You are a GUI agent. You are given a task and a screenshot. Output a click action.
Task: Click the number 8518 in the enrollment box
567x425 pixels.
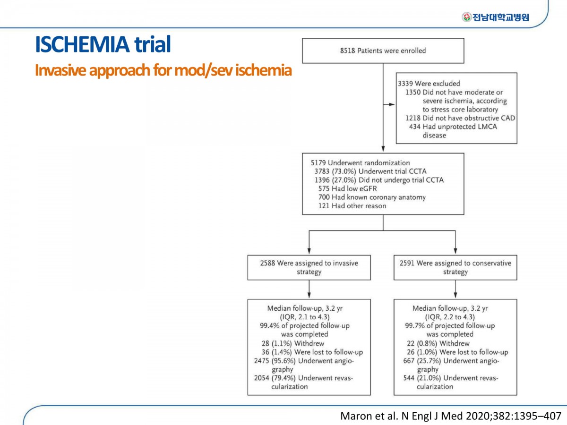coord(347,51)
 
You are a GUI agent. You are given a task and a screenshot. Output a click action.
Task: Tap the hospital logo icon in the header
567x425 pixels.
coord(466,17)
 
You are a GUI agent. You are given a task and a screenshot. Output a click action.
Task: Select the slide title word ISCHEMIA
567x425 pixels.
coord(82,44)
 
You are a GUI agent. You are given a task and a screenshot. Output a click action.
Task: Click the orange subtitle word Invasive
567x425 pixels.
coord(60,70)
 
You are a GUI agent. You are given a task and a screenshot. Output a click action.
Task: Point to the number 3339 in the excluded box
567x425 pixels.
coord(405,84)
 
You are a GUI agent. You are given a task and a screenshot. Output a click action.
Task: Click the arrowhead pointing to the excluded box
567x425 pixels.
coord(392,104)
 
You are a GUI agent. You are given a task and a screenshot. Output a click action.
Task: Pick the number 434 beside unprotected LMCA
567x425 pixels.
coord(414,127)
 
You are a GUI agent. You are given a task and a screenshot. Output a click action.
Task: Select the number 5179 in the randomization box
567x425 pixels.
coord(318,163)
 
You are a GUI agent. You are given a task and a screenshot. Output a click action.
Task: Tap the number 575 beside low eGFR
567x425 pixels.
coord(324,188)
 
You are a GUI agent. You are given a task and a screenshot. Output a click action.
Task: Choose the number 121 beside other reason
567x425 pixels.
coord(323,206)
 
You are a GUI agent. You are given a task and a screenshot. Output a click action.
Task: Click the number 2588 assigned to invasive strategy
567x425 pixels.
coord(267,263)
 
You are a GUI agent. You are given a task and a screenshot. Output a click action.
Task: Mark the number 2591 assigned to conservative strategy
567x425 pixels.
coord(407,263)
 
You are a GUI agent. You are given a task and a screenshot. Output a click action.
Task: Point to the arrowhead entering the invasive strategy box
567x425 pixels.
coord(309,251)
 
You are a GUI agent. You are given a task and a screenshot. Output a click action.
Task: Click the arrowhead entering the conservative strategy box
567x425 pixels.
coord(455,251)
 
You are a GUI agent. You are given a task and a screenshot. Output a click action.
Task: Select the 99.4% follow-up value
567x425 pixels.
coord(269,326)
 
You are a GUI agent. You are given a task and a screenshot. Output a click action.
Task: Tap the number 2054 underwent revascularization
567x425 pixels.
coord(261,378)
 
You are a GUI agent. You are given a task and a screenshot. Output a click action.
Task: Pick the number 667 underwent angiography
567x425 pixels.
coord(409,361)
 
